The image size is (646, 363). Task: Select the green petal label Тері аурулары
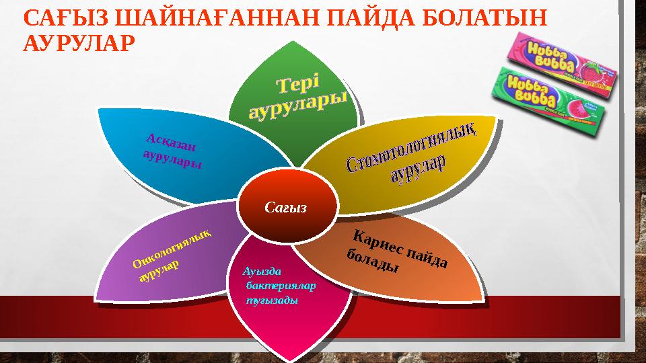point(297,98)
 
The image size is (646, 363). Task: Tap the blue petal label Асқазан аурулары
point(173,152)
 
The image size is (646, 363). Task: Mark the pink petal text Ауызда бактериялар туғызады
point(277,286)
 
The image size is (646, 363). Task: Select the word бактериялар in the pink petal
point(281,286)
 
